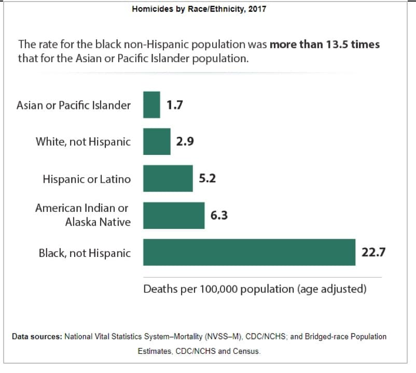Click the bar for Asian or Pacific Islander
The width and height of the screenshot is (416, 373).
[x=151, y=105]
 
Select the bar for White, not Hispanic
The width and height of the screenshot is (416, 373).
[x=157, y=141]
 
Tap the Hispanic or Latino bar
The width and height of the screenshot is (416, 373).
[x=168, y=179]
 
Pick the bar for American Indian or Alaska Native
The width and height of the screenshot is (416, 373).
[x=174, y=216]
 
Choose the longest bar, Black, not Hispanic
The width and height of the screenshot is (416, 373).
[x=249, y=252]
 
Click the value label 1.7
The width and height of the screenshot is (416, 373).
[x=175, y=105]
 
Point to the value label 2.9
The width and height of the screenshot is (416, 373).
[x=185, y=141]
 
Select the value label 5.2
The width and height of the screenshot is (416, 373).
[x=207, y=179]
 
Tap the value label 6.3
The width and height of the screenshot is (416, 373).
[x=219, y=216]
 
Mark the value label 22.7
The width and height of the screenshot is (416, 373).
[x=374, y=252]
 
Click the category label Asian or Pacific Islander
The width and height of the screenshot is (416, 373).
[x=74, y=105]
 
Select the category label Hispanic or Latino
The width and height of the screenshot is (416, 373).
[x=87, y=179]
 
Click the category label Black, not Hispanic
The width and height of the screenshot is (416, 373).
[x=85, y=253]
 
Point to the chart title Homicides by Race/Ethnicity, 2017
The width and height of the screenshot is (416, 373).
[x=199, y=9]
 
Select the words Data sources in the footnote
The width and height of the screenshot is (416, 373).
[x=36, y=336]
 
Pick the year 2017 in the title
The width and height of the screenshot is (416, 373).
[x=257, y=9]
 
